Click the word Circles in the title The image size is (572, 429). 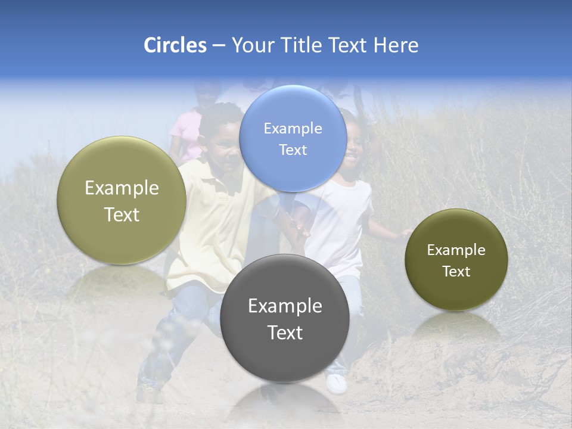pos(175,45)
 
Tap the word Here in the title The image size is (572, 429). pos(396,45)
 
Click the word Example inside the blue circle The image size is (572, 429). pos(293,128)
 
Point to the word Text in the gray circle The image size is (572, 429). pos(285,332)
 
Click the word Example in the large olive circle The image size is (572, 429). pos(122,188)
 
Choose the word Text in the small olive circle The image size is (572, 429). pos(456,272)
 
